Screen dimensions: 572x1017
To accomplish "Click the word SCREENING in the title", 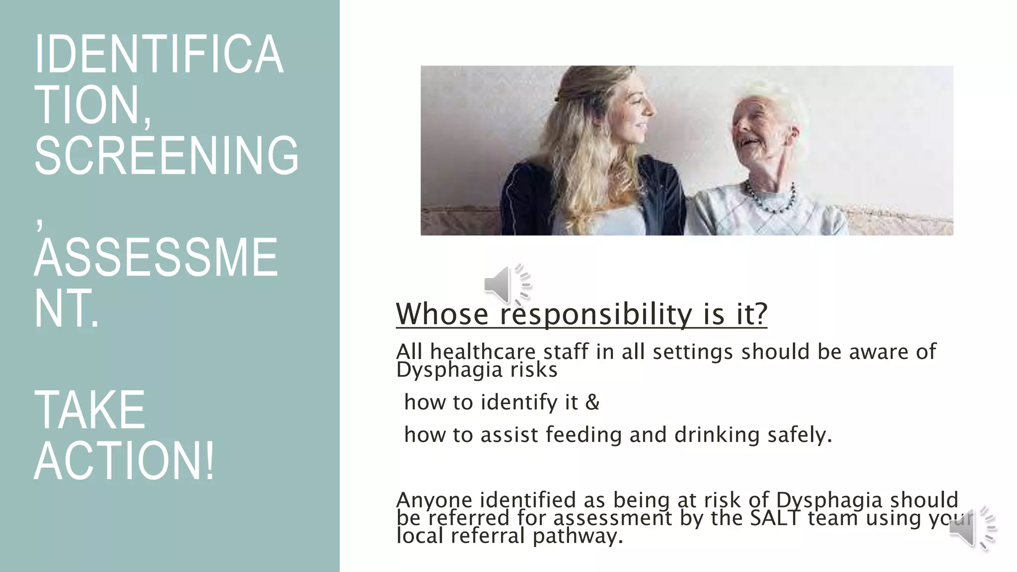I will click(x=166, y=155).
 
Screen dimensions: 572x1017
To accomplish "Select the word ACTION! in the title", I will click(x=124, y=461).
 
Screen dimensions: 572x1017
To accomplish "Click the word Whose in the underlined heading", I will click(x=442, y=314).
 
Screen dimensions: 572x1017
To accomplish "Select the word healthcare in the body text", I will click(x=483, y=352).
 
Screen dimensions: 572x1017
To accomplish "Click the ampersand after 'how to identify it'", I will click(x=592, y=402).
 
